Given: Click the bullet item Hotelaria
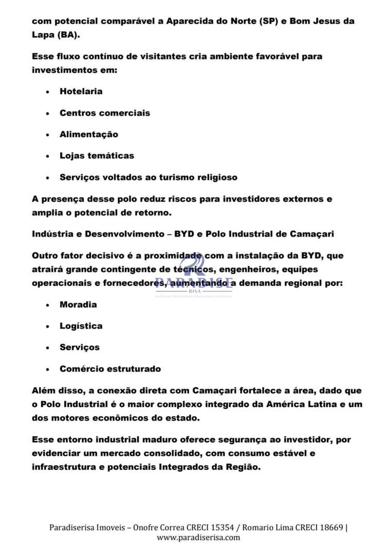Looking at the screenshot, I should (81, 91).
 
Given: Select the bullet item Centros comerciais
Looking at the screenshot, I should (105, 113).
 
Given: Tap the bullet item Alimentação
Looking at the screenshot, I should (89, 135).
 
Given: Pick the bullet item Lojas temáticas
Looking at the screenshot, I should (97, 156).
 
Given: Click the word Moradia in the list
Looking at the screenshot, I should (78, 305).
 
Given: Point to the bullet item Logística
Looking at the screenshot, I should (81, 326).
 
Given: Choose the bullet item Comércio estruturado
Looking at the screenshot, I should (110, 369).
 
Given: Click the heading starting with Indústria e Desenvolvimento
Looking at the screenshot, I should (182, 234).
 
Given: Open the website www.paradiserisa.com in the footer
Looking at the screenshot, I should (198, 538).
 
